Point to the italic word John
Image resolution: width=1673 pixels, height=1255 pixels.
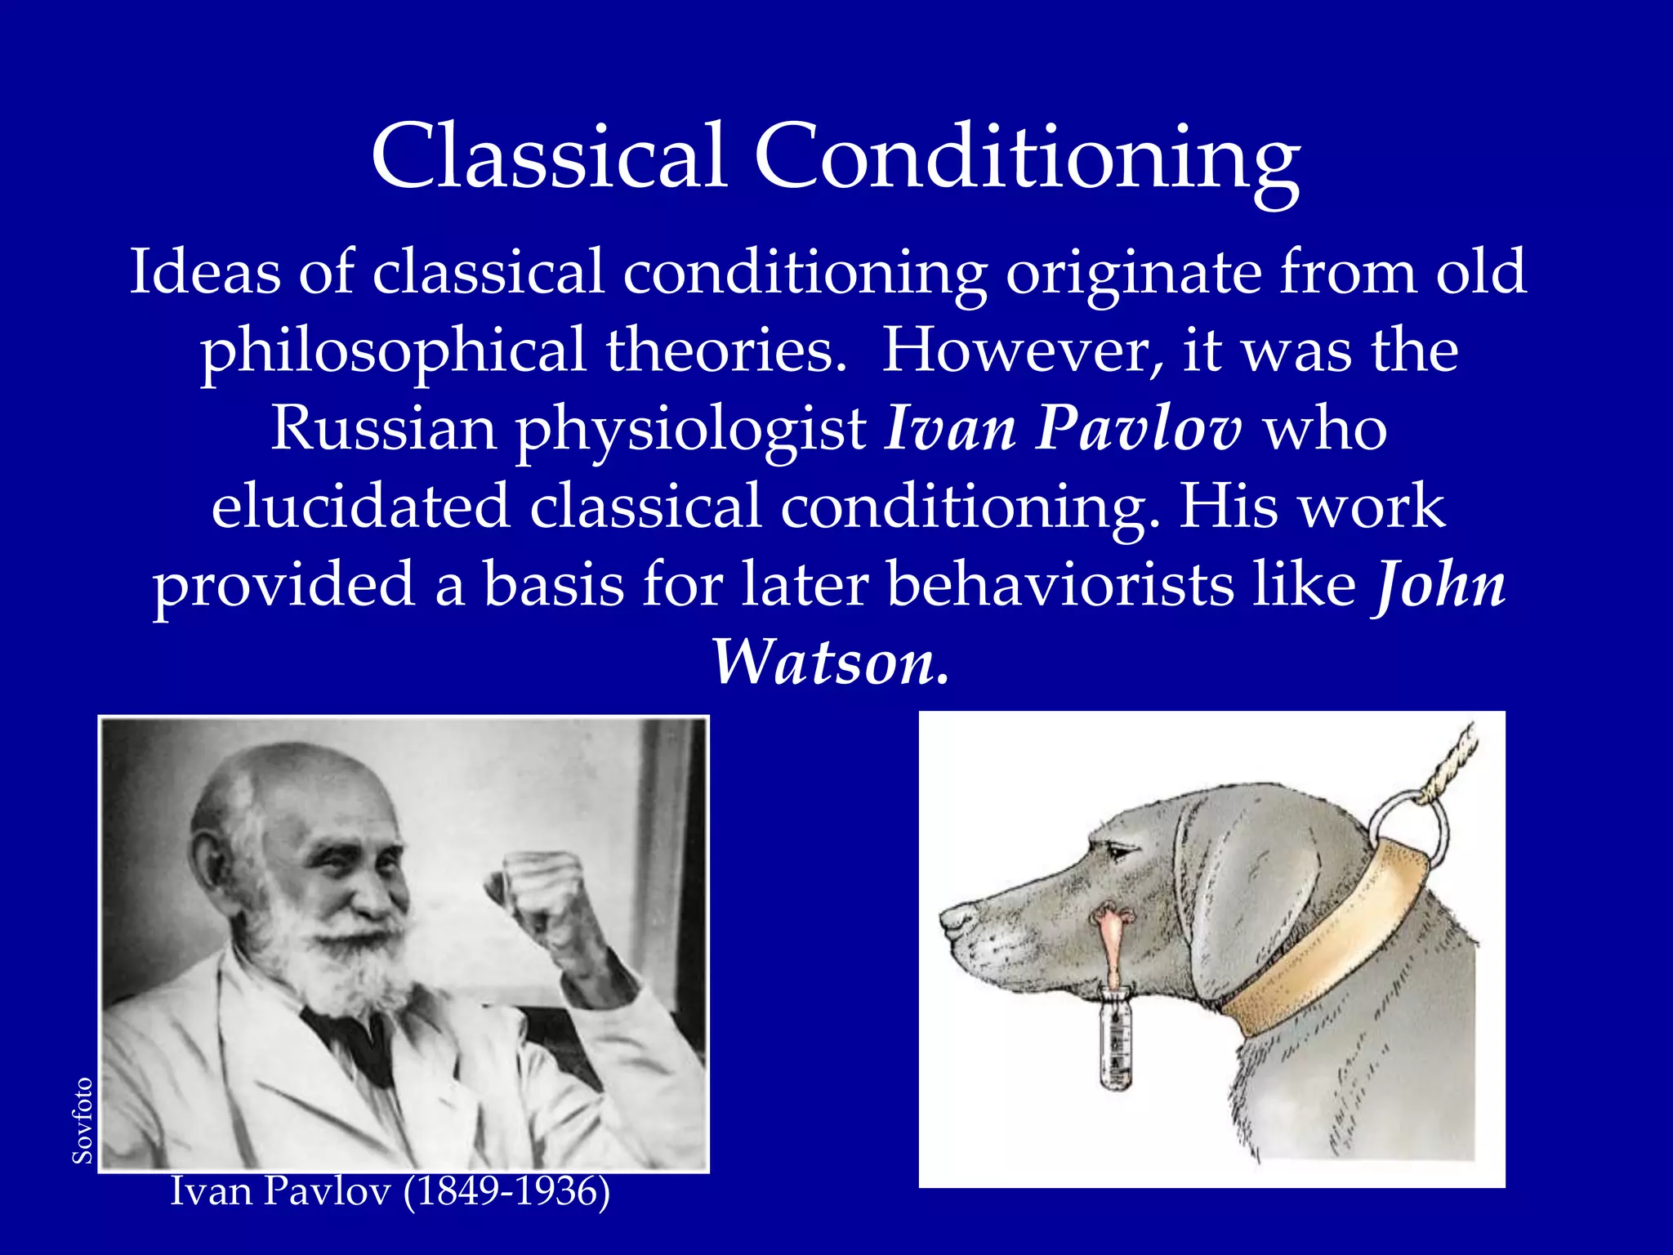click(x=1440, y=585)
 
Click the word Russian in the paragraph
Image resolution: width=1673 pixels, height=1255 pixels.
click(x=383, y=428)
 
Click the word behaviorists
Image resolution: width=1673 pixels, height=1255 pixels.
click(x=1060, y=585)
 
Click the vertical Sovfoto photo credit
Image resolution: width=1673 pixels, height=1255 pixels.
click(x=83, y=1120)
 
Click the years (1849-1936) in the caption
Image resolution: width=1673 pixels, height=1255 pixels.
click(x=507, y=1191)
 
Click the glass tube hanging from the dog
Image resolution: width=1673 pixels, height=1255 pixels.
click(x=1116, y=1038)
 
